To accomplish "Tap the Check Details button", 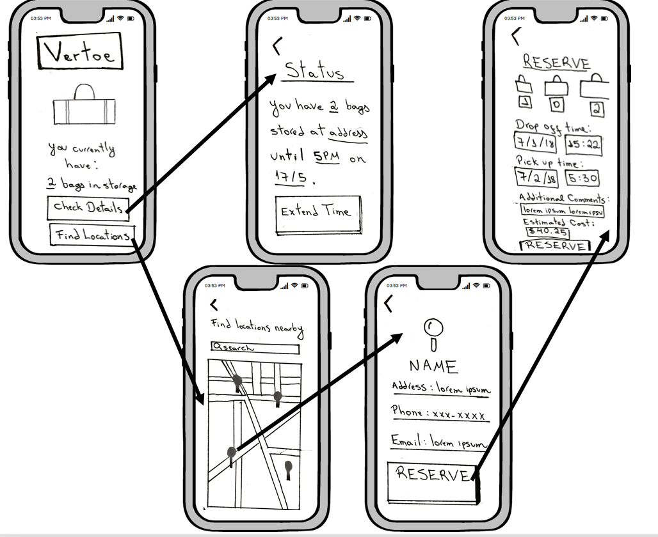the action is point(87,206).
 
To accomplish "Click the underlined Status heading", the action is point(316,72).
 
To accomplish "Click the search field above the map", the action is point(255,348).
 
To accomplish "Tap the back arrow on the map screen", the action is point(214,305).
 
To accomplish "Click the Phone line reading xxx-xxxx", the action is point(440,414).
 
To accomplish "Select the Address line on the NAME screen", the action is point(440,388).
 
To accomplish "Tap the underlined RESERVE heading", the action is point(556,63).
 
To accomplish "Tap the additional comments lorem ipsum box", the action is point(563,210).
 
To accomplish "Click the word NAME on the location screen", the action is point(434,367).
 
